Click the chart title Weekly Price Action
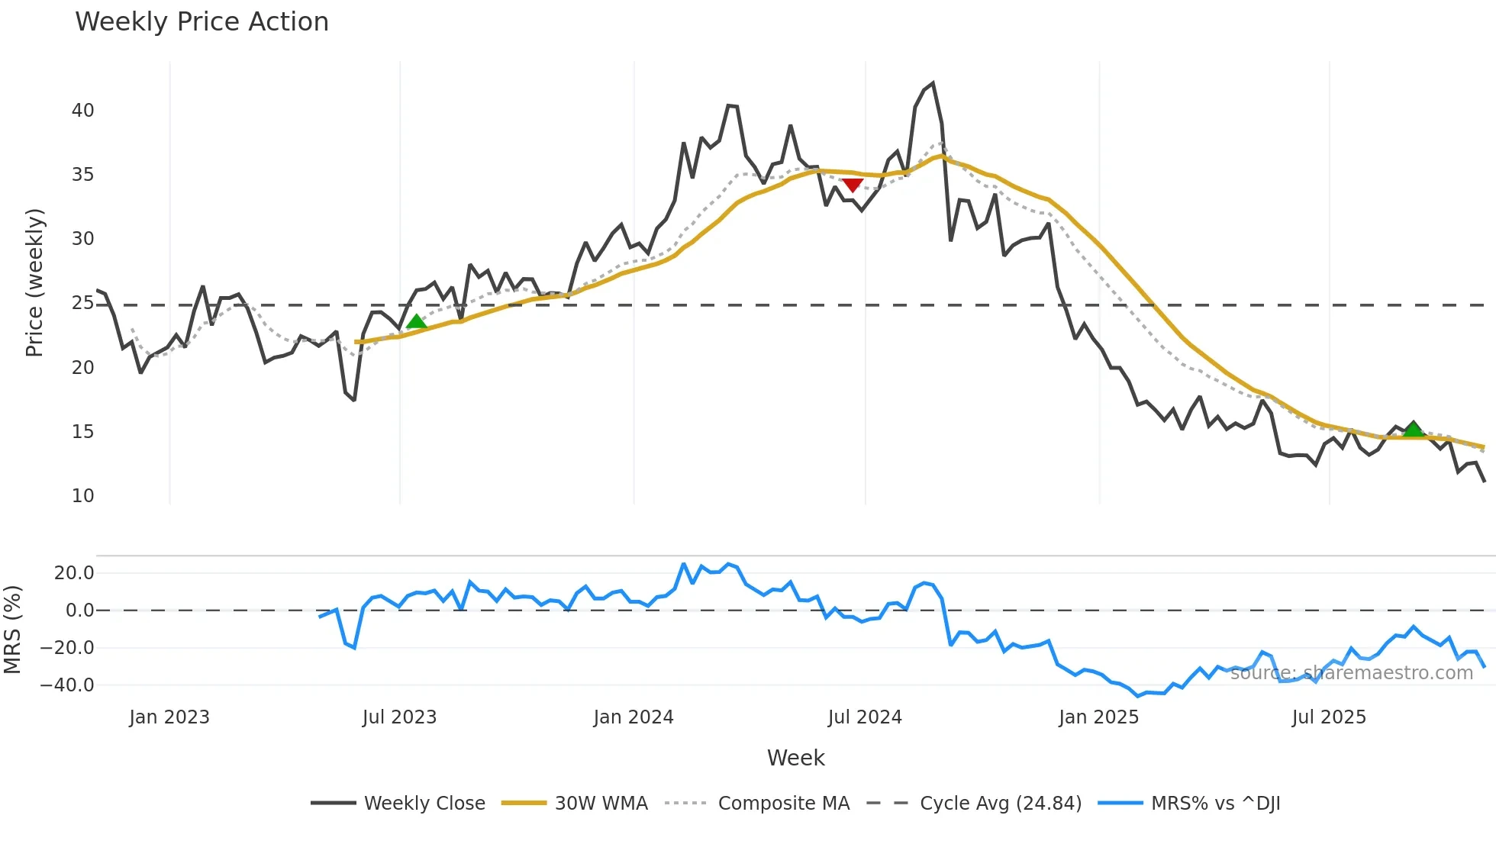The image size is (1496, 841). point(202,22)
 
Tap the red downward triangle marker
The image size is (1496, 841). point(852,185)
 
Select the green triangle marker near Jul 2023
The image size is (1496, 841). point(416,322)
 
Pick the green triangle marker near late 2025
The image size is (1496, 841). point(1414,429)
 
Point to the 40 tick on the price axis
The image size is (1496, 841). point(83,111)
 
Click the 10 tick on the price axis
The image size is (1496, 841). point(83,496)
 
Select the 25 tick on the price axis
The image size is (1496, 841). point(83,303)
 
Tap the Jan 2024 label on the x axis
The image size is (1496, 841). point(634,717)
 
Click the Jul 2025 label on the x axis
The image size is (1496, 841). point(1329,717)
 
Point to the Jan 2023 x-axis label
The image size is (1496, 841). point(169,717)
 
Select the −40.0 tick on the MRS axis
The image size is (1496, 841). point(67,685)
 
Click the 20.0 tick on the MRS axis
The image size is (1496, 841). point(74,573)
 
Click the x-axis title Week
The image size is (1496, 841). point(795,758)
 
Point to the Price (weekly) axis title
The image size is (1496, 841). point(34,282)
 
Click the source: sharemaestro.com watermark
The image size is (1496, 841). point(1351,673)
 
